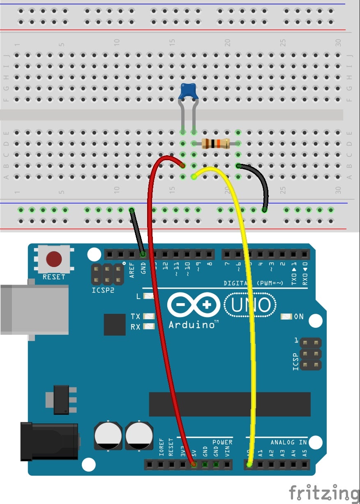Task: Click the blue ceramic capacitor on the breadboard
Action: [189, 91]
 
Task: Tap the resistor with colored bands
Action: [215, 143]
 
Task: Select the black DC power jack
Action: [49, 441]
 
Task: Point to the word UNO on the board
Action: [251, 305]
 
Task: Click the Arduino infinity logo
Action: [194, 305]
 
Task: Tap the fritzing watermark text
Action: [324, 492]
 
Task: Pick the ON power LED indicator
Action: [286, 317]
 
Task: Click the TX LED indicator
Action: [148, 316]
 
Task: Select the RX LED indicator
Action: [148, 327]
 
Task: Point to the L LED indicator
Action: [148, 296]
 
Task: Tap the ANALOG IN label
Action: [288, 442]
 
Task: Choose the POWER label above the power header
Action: [222, 442]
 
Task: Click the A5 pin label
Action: [305, 453]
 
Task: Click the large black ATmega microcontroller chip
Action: [229, 404]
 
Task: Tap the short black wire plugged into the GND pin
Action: [137, 232]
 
